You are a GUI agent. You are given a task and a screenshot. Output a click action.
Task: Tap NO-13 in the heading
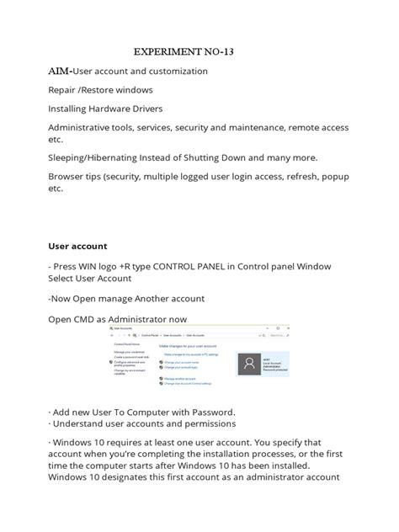click(215, 51)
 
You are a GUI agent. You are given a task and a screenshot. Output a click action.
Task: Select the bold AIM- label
click(61, 72)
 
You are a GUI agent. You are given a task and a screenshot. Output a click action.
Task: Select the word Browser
click(68, 177)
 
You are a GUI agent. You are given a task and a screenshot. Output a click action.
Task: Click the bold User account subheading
click(77, 247)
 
